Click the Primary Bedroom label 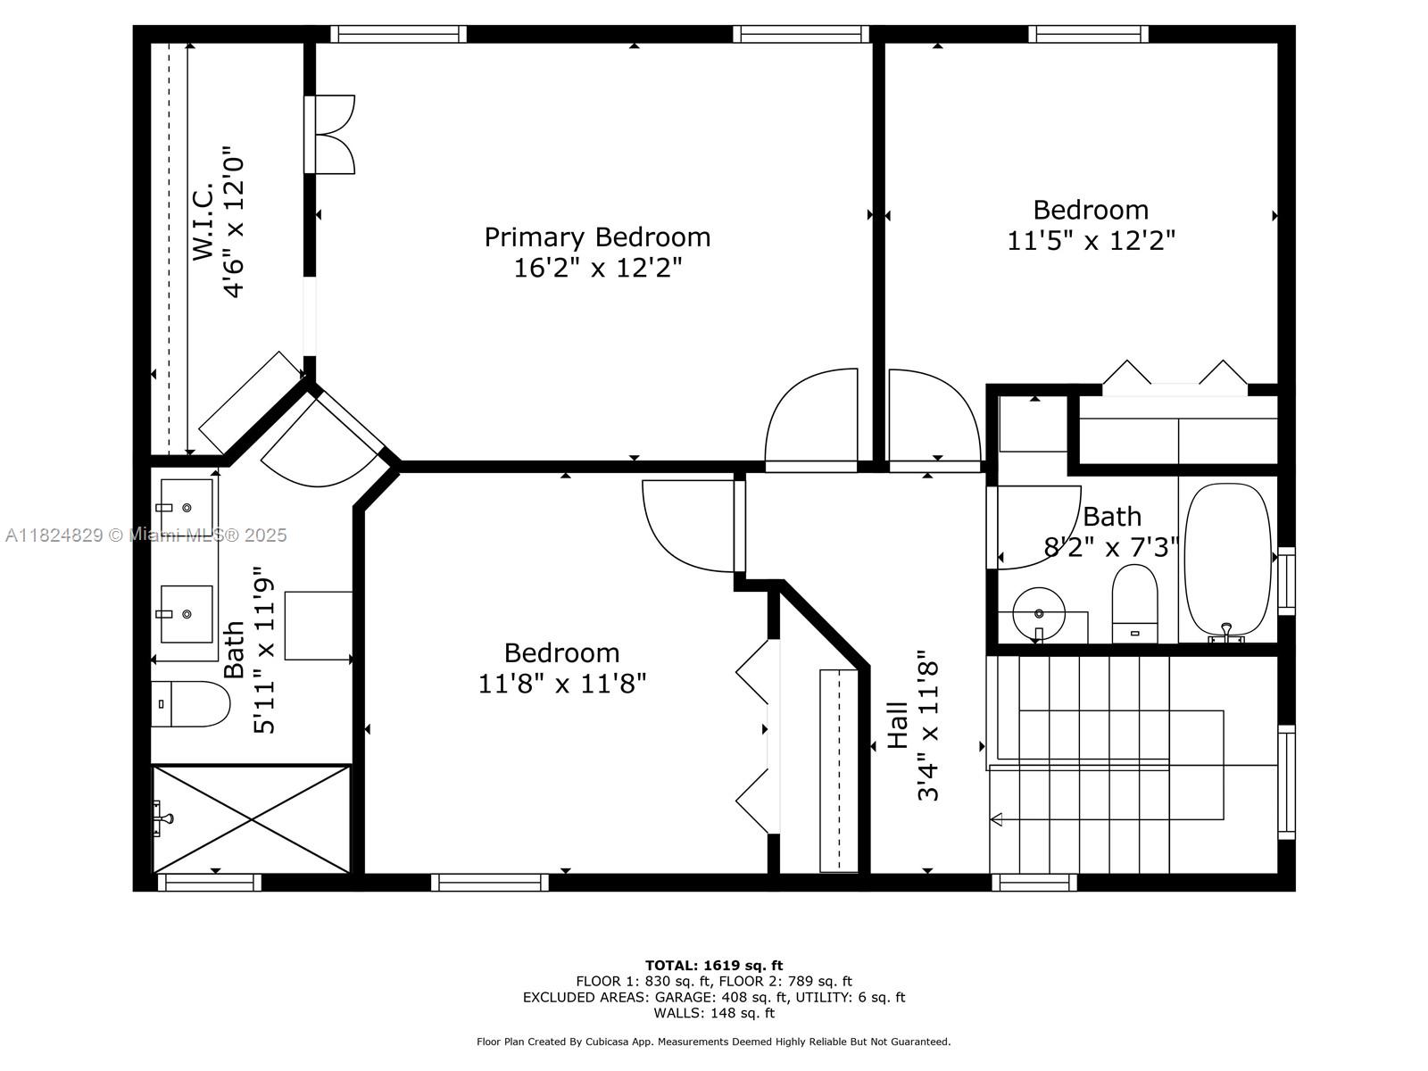point(596,237)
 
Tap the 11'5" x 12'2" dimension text point(1091,241)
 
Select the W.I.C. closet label point(203,221)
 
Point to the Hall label point(899,725)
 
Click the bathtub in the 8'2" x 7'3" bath point(1227,560)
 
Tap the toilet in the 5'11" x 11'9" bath point(191,703)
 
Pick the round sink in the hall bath point(1038,614)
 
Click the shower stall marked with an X point(251,819)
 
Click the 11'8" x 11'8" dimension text point(562,684)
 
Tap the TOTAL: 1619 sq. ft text point(714,965)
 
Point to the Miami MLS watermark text point(145,535)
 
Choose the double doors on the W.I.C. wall point(330,135)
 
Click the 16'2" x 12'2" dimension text point(598,268)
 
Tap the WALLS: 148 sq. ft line point(714,1012)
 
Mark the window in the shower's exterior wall point(210,883)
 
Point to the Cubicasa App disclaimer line point(714,1042)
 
